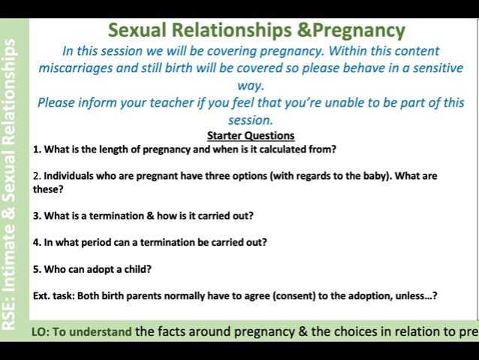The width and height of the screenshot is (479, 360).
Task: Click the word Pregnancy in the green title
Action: (358, 31)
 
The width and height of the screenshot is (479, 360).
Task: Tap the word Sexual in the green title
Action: (137, 30)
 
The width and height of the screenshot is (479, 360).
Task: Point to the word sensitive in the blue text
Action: (438, 68)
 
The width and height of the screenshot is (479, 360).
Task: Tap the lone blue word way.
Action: (251, 86)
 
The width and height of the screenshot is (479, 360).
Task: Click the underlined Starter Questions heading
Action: (251, 135)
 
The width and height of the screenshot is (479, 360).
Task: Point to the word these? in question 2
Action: (48, 189)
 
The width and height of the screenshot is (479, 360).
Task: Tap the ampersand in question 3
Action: (150, 216)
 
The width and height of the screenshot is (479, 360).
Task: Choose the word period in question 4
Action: (97, 243)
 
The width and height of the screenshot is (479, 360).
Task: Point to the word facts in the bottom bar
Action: (171, 332)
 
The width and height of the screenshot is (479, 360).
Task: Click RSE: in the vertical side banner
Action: (9, 317)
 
